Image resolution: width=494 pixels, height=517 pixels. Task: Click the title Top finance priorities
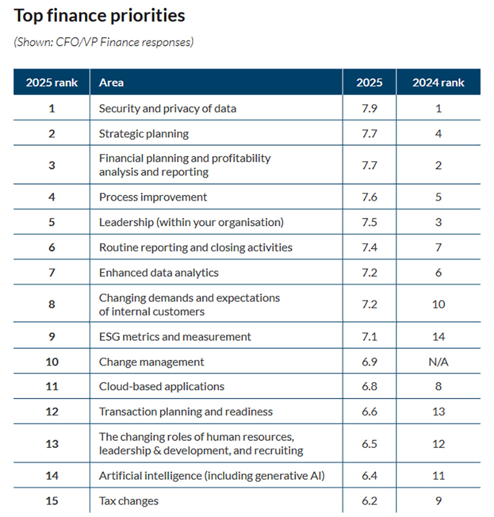click(99, 16)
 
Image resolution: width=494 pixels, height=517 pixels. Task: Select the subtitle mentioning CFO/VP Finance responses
click(104, 42)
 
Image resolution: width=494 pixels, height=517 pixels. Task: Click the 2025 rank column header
click(52, 83)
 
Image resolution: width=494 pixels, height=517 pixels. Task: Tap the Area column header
click(111, 83)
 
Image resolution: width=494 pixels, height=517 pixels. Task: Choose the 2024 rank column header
click(438, 83)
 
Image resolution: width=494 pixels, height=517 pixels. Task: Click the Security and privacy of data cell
click(167, 109)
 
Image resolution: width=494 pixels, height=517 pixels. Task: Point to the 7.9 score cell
click(369, 109)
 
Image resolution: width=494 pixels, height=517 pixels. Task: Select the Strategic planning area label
click(143, 133)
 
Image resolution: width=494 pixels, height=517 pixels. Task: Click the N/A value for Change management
click(438, 362)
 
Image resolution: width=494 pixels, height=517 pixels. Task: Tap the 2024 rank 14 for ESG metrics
click(438, 336)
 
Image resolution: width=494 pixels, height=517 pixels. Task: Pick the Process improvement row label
click(153, 197)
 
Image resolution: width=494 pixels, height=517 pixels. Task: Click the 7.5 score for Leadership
click(369, 222)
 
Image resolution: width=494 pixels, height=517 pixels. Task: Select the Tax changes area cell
click(128, 501)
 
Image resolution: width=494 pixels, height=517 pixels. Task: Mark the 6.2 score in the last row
click(369, 501)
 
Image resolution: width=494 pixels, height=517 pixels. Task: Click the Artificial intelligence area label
click(212, 476)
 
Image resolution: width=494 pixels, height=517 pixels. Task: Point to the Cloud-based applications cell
click(161, 386)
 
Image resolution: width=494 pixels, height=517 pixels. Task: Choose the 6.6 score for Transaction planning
click(369, 412)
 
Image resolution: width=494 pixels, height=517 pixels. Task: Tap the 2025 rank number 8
click(52, 304)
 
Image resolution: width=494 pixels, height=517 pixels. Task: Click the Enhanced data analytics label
click(159, 273)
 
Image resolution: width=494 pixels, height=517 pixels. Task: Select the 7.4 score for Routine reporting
click(369, 248)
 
